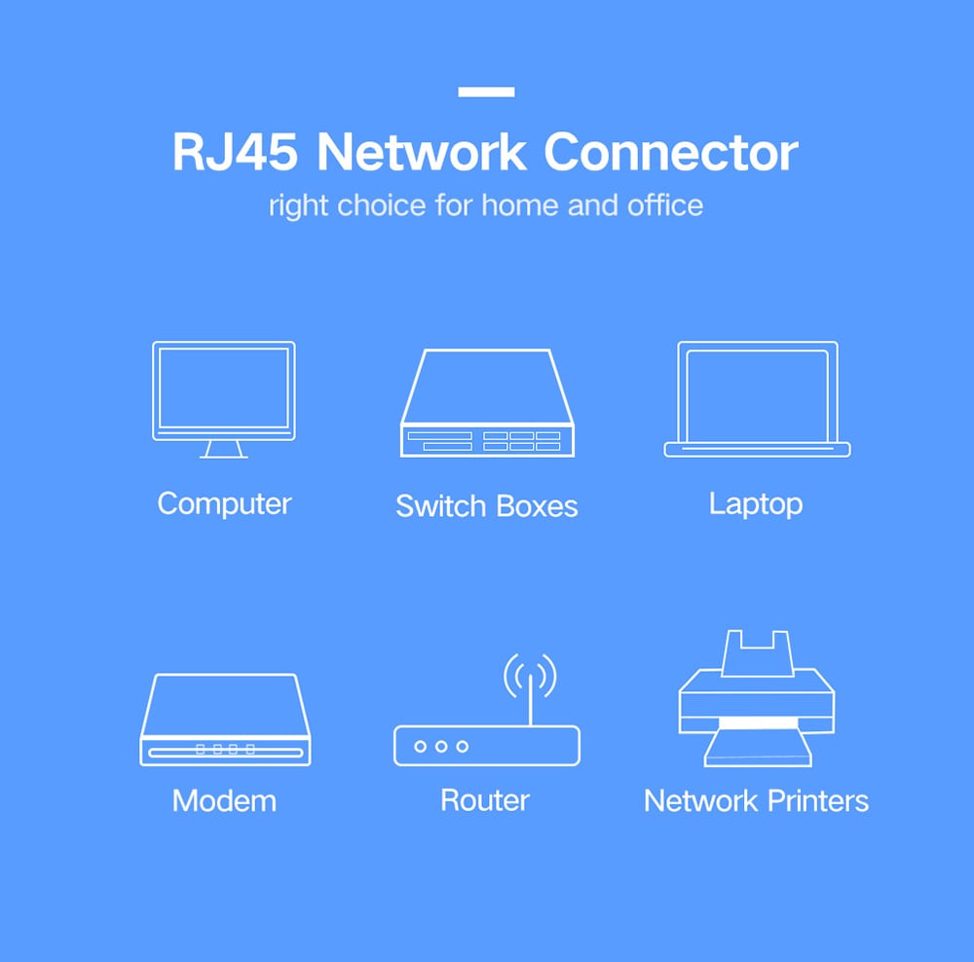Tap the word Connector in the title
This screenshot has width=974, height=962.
[671, 153]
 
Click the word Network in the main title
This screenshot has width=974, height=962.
[422, 153]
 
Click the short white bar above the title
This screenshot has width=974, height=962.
[486, 92]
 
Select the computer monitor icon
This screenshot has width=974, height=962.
[224, 390]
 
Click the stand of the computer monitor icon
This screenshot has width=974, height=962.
[224, 449]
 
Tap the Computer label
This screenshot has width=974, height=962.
[224, 503]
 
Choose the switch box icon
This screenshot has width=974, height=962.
[487, 403]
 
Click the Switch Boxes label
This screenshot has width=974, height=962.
[487, 506]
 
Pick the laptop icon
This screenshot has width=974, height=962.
[757, 399]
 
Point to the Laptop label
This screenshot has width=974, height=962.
[756, 504]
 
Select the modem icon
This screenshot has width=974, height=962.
[225, 720]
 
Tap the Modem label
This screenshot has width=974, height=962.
[224, 801]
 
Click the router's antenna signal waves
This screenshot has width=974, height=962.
[530, 674]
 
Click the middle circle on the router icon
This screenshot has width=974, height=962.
[441, 747]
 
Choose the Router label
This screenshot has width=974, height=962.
[485, 800]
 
